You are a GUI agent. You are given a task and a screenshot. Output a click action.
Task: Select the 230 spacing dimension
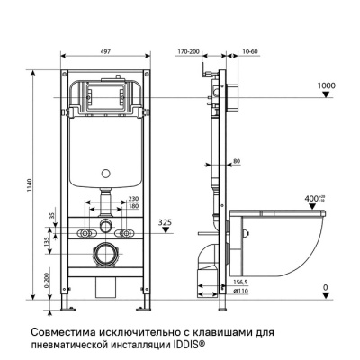[x=132, y=198]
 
